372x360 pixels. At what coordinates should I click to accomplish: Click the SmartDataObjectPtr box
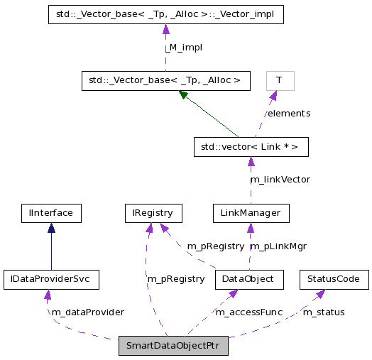(173, 347)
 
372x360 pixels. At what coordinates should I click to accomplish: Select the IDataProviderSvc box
(50, 279)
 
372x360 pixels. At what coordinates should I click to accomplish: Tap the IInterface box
(51, 212)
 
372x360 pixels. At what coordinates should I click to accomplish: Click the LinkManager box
(251, 212)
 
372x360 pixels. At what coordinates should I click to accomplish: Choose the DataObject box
(249, 279)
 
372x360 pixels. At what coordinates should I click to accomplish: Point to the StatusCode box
(334, 279)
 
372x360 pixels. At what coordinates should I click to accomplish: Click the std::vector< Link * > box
(251, 147)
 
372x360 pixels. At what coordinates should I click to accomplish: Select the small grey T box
(280, 80)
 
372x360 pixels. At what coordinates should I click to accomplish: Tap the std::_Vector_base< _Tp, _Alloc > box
(165, 80)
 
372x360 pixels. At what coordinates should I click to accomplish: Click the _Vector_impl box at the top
(165, 14)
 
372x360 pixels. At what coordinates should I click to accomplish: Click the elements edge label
(288, 113)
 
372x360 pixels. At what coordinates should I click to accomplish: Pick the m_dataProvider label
(87, 312)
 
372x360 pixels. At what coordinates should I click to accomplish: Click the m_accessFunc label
(249, 312)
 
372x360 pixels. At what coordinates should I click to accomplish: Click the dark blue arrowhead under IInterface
(51, 227)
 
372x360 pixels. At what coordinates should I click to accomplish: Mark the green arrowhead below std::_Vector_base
(184, 94)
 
